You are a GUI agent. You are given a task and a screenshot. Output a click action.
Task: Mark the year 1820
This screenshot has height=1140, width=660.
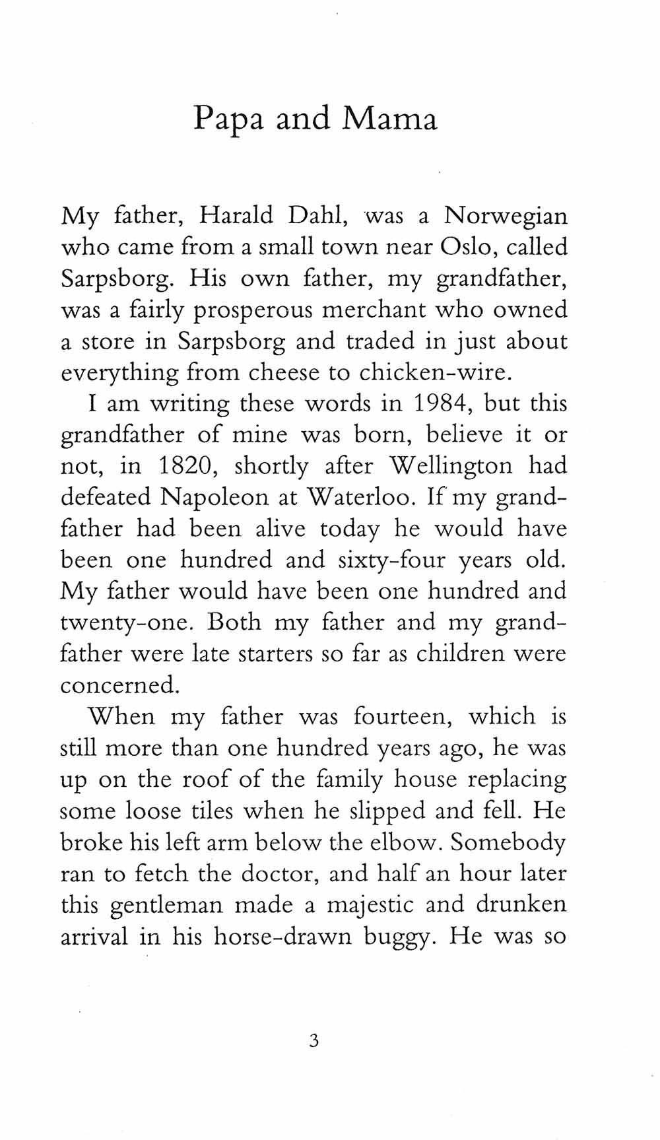(185, 466)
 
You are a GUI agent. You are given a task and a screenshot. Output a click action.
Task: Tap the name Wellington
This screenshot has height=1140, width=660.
(449, 466)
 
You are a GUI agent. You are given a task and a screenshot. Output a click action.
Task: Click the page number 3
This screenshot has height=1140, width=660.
(314, 1042)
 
